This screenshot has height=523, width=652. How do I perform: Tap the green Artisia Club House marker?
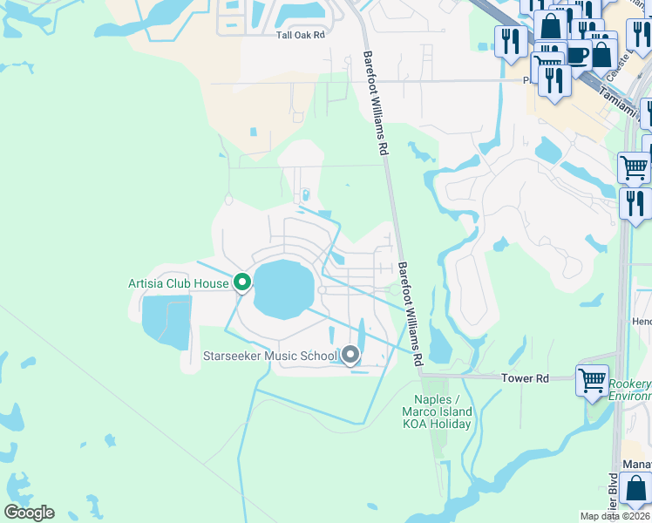242,282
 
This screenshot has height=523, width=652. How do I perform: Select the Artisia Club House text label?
178,282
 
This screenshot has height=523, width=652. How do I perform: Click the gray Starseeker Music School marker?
350,355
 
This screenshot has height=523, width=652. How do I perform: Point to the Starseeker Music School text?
269,356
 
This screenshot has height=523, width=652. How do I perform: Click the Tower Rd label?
526,378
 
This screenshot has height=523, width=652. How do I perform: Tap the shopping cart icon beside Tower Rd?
592,379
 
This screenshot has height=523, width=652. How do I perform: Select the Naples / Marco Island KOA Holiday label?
438,411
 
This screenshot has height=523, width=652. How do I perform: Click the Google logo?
29,513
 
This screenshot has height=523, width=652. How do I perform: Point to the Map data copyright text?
615,516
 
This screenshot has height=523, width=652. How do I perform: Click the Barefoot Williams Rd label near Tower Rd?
411,312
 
